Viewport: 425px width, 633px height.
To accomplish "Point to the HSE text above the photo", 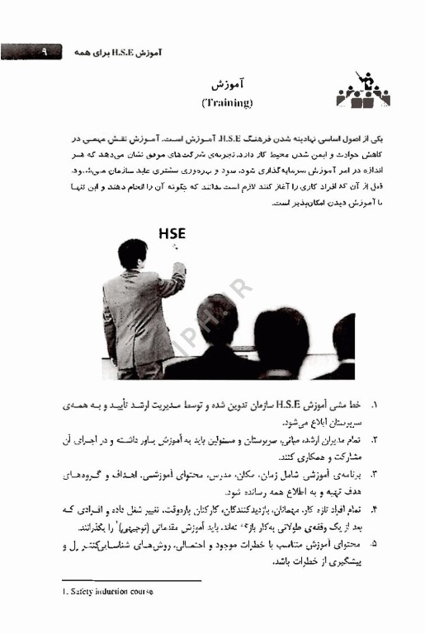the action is tap(172, 234).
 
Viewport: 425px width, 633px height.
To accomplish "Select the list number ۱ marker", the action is tap(375, 406).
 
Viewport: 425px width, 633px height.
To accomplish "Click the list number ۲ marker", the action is tap(375, 441).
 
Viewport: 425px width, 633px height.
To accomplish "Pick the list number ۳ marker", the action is tap(375, 475).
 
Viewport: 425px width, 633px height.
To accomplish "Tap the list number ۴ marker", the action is tap(375, 509).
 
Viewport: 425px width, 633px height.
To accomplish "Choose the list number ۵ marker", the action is tap(375, 544).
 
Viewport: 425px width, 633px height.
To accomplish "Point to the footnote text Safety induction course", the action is tap(107, 592).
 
